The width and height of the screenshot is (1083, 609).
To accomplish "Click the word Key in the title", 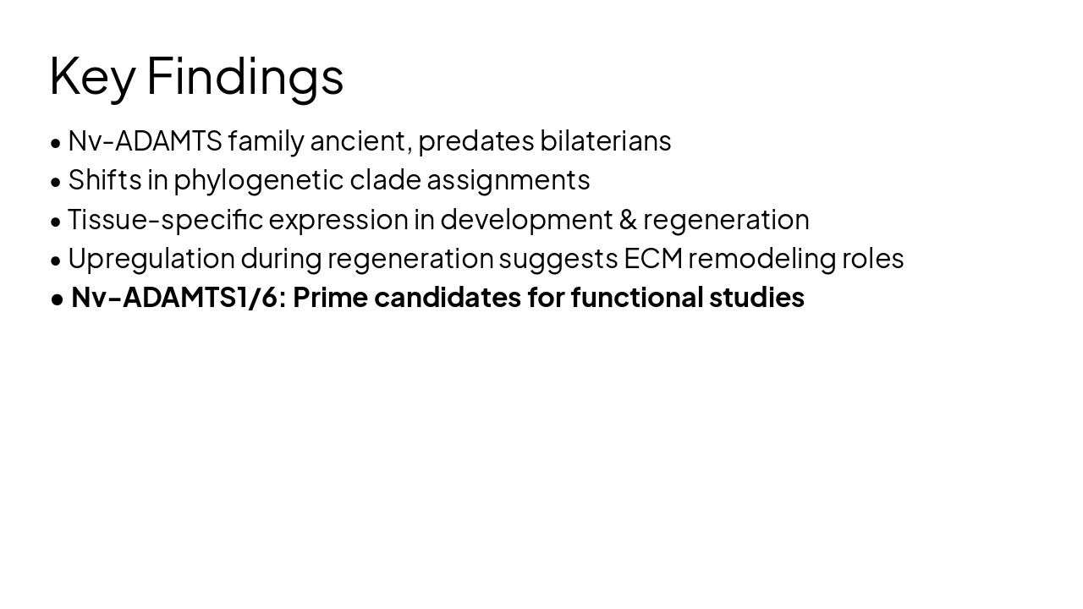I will pos(91,76).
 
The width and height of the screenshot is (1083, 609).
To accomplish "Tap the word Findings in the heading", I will pos(245,76).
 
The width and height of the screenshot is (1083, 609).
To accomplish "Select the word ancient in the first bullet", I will pos(360,140).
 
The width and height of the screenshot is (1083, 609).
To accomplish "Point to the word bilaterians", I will pos(606,140).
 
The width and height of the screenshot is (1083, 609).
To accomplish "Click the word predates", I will pos(476,140).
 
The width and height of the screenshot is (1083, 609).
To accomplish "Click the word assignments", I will pos(509,181).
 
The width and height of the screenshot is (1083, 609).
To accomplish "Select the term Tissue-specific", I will pos(166,220).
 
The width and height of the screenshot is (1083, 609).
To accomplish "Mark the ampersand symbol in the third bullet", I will pos(628,219).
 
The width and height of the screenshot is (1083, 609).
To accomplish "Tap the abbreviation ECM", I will pos(653,258).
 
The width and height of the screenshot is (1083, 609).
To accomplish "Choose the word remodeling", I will pos(762,259).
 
